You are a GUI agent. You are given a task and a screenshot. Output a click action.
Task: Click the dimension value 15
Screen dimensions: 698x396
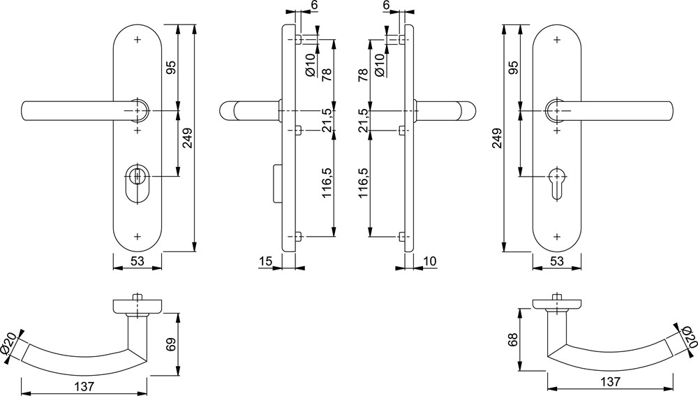coord(265,261)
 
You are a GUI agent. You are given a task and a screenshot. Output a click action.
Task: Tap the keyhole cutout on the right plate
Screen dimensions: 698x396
coord(556,184)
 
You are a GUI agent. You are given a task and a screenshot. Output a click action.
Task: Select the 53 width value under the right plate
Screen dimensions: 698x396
coord(557,261)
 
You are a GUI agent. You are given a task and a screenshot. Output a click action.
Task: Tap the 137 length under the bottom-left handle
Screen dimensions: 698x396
coord(84,386)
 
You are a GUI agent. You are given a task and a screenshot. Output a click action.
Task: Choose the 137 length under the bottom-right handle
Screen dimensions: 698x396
coord(610,382)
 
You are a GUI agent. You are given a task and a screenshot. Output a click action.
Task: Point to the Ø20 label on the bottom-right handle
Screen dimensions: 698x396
coord(688,337)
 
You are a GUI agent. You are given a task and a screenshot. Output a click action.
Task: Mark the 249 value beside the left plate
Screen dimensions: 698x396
coord(188,138)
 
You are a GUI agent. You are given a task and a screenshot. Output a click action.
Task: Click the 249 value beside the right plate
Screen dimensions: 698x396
coord(497,138)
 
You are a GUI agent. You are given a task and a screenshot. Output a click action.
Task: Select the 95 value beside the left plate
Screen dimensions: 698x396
coord(172,67)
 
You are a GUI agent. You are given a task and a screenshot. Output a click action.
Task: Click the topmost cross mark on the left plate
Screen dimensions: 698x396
coord(137,40)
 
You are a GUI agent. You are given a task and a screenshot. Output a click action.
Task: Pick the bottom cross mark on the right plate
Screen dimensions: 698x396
coord(556,235)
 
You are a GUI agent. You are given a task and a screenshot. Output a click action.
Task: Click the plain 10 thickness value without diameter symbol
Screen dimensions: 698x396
coord(430,261)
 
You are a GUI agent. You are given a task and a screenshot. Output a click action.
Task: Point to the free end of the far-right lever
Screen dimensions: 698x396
coord(671,111)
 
